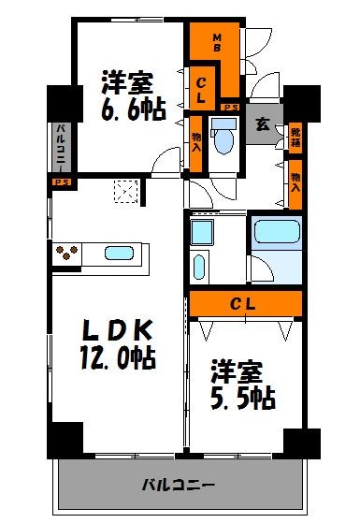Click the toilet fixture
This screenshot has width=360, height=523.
pyautogui.click(x=223, y=138)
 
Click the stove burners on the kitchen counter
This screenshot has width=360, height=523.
pyautogui.click(x=68, y=253)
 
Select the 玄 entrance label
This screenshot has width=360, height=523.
pyautogui.click(x=263, y=123)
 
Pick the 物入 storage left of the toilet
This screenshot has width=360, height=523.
pyautogui.click(x=196, y=140)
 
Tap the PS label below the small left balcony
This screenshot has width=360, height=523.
pyautogui.click(x=61, y=182)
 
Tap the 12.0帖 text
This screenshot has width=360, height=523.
pyautogui.click(x=115, y=357)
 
